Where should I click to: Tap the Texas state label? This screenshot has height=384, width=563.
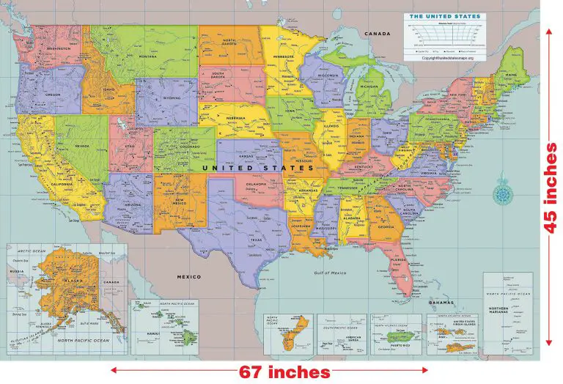[256, 240]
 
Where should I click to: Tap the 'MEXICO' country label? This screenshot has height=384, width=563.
[188, 277]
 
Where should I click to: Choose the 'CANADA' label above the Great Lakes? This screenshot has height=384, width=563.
[378, 34]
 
